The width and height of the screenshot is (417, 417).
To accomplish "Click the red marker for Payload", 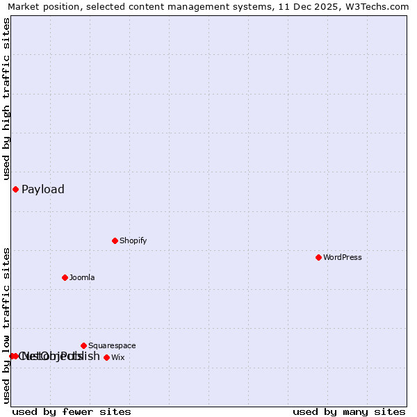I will pos(15,189).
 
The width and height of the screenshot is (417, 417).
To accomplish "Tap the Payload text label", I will pos(43,190).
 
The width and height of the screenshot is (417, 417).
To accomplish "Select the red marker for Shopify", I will pos(115,240).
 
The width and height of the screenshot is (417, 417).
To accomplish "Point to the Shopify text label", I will pos(133,241).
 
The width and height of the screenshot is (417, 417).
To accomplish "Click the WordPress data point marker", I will pos(318,257).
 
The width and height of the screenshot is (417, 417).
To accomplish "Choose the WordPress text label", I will pos(342,258).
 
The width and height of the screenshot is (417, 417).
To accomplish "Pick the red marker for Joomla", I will pos(65,277).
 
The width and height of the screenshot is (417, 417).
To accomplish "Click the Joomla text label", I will pos(82,278).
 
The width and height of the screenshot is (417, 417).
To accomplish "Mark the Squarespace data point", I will pos(83,345).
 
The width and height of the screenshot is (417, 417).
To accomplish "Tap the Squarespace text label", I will pos(112,346).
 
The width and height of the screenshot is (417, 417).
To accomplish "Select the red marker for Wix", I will pos(106,357).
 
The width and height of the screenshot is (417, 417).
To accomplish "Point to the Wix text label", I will pos(118,358).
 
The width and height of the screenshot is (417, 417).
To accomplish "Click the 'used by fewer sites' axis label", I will pos(72,411).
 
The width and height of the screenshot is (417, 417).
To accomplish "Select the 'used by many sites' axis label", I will pos(349,411).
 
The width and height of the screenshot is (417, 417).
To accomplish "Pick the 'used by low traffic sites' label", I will pos(7,325).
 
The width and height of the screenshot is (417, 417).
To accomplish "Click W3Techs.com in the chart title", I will pos(379,7).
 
